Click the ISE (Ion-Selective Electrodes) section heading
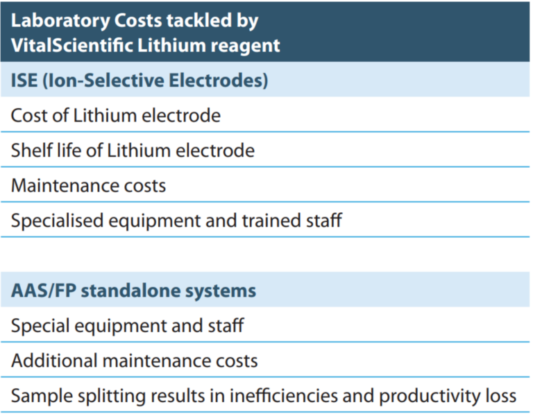139,80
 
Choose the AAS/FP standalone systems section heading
133,291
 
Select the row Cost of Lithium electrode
115,115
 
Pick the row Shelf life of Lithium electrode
133,150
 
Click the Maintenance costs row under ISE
88,186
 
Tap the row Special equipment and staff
127,325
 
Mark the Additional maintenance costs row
134,361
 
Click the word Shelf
29,150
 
